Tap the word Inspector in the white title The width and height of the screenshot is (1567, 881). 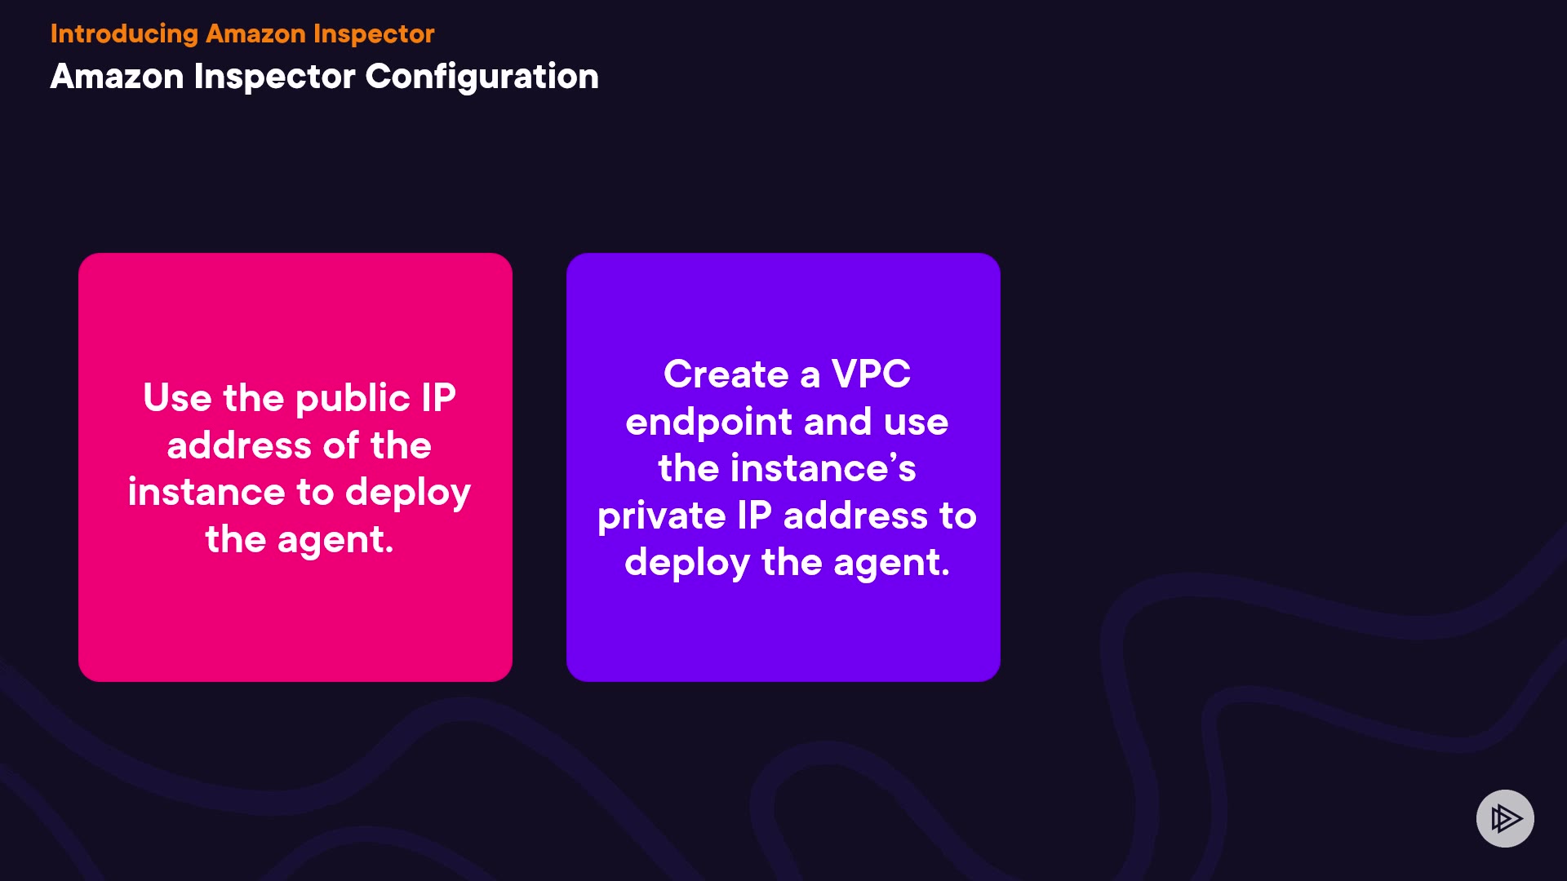tap(275, 77)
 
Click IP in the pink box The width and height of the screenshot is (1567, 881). tap(438, 398)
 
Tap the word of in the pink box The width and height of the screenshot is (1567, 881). tap(341, 445)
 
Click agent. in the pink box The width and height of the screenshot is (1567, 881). tap(335, 541)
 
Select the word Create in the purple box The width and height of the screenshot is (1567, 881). tap(726, 374)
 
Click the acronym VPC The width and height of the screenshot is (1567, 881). tap(871, 374)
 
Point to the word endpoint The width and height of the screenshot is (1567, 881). tap(708, 423)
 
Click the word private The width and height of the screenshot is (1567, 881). tap(661, 516)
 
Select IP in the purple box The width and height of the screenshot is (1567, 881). tap(754, 516)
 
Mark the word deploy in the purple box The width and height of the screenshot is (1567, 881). tap(686, 564)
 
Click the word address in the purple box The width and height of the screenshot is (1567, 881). tap(855, 516)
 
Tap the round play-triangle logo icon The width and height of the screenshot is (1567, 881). tap(1505, 818)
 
